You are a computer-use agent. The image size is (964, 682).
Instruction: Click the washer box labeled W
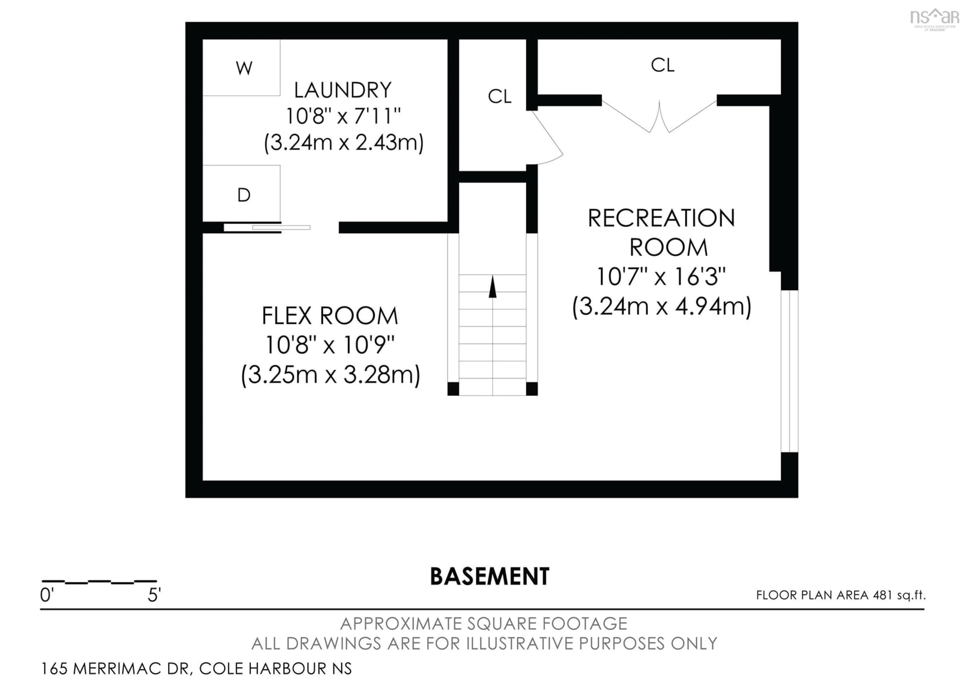click(242, 68)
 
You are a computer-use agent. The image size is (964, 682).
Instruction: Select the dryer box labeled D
click(242, 194)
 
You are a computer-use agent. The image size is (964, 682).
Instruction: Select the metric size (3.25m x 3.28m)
click(330, 374)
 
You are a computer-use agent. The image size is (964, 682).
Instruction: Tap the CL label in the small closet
click(499, 97)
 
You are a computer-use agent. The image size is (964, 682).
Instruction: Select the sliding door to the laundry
click(267, 227)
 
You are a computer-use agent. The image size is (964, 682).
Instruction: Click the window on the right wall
click(789, 371)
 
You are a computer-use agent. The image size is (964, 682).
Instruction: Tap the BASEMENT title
click(490, 576)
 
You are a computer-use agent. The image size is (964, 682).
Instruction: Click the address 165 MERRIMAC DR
click(115, 668)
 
